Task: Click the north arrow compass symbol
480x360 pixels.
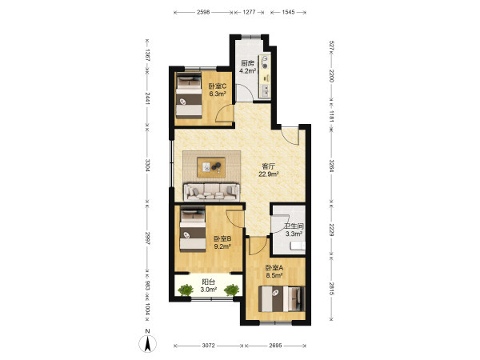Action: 147,343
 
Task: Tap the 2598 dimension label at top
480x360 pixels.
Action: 203,12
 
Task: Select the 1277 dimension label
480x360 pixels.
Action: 249,12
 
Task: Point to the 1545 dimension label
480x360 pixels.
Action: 288,12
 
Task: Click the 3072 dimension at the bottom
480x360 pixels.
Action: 209,346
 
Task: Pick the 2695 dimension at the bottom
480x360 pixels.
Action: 275,346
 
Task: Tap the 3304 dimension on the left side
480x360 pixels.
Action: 147,165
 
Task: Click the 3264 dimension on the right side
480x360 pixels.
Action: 331,166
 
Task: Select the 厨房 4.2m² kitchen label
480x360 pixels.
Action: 247,67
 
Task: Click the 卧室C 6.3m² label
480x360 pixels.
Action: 218,90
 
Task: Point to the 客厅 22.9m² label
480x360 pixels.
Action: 269,170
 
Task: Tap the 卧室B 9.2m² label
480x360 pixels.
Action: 222,242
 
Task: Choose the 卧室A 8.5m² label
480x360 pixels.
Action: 274,271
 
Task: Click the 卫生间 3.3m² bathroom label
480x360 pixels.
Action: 294,230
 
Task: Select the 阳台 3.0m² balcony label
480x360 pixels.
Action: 209,286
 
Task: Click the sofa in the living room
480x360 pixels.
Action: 211,192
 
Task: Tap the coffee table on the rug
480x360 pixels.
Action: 211,167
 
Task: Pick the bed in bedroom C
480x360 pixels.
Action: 189,95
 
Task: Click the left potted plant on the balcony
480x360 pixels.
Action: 186,290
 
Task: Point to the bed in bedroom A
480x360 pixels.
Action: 282,298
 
